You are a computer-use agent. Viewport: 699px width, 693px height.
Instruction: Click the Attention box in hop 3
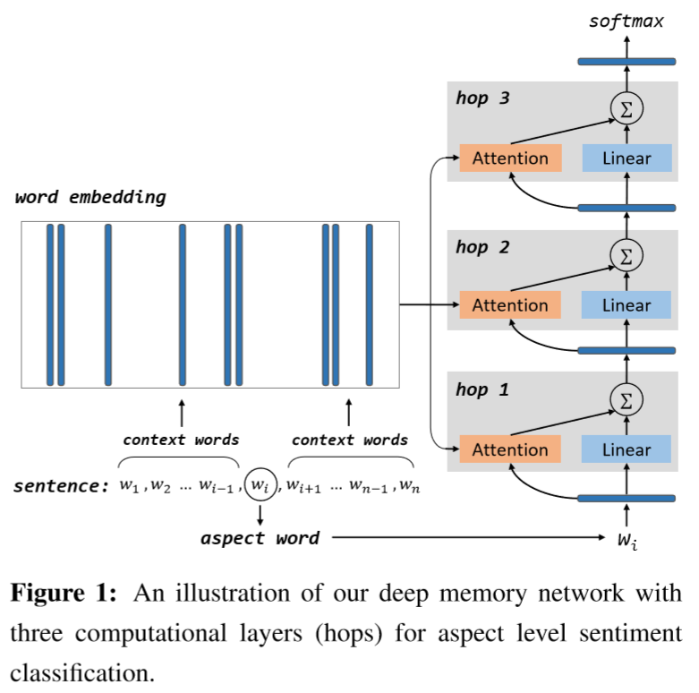pos(510,158)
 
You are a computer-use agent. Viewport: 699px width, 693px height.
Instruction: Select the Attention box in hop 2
pos(510,305)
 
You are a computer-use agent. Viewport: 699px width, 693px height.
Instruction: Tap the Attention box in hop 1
pos(510,449)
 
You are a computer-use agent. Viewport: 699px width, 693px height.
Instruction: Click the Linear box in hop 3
pos(627,158)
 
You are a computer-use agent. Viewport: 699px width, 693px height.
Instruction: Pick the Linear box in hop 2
pos(627,305)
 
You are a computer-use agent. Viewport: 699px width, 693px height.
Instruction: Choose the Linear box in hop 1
pos(627,449)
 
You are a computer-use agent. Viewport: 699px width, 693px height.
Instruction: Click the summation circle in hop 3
pos(627,109)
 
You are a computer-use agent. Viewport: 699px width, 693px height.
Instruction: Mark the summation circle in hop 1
pos(627,399)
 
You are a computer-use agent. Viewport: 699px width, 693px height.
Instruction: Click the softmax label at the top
pos(627,21)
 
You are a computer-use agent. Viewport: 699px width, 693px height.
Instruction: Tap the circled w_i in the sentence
pos(260,486)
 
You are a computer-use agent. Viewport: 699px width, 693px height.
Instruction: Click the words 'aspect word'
pos(260,538)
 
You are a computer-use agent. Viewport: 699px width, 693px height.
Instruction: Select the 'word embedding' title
pos(90,197)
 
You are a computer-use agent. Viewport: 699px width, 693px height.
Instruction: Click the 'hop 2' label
pos(482,247)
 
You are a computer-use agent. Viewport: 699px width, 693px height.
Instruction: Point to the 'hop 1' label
pos(482,389)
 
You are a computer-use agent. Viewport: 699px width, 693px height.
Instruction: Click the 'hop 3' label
pos(482,98)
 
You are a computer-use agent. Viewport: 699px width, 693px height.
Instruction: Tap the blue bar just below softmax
pos(627,61)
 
